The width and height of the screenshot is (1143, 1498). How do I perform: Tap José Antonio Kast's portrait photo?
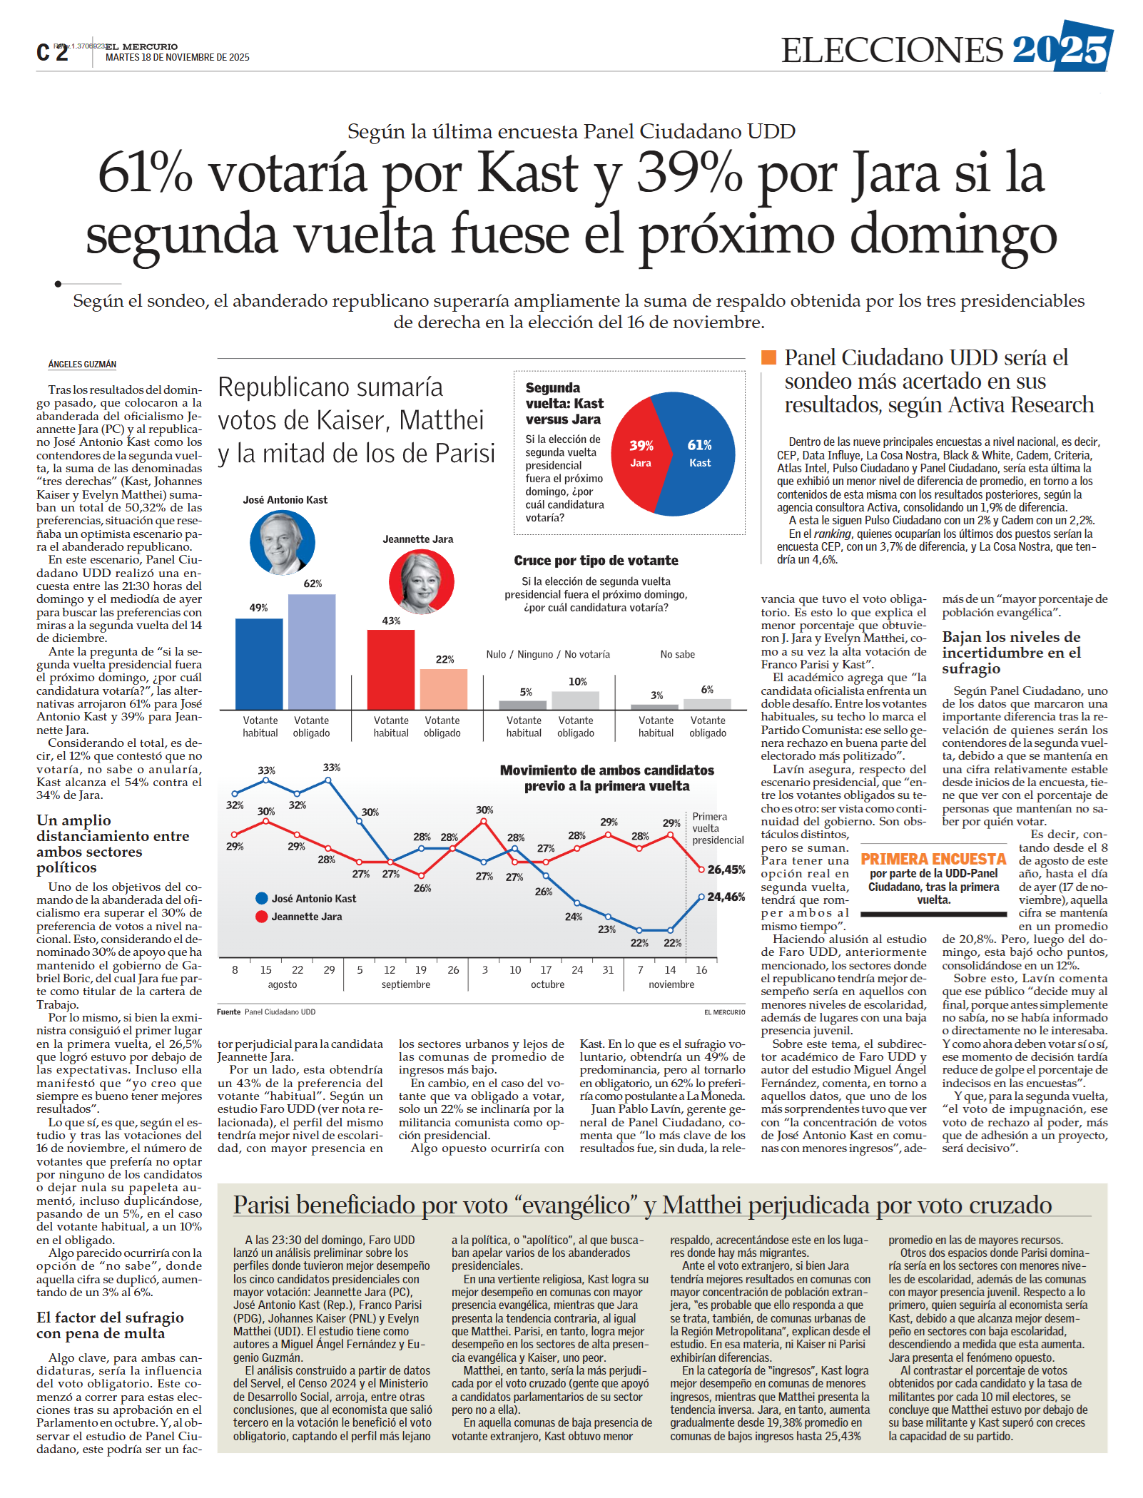(282, 543)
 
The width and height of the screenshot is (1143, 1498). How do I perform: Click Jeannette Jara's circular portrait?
(421, 581)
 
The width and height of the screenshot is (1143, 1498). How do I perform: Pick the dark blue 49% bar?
(259, 663)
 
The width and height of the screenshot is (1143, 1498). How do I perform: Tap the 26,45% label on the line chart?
(726, 870)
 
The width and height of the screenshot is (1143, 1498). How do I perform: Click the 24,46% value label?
(726, 897)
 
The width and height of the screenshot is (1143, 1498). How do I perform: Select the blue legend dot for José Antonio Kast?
(262, 899)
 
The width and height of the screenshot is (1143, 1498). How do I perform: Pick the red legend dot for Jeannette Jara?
(262, 917)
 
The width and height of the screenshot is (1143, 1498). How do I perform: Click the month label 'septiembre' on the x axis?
(406, 984)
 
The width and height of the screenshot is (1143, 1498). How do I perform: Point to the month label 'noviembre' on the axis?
(671, 984)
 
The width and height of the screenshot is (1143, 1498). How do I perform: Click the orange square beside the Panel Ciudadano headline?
(768, 357)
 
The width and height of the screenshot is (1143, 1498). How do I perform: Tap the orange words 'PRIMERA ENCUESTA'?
(933, 859)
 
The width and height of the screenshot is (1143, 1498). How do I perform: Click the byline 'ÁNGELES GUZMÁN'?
(82, 364)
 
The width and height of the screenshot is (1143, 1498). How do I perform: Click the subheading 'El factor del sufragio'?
(110, 1318)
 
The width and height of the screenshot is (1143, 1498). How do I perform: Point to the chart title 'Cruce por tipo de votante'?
(596, 561)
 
